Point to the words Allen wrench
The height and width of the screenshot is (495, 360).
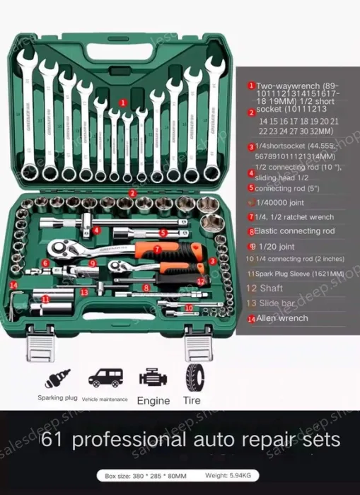282,318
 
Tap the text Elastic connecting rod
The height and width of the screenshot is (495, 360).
294,231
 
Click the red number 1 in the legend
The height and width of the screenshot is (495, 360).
251,86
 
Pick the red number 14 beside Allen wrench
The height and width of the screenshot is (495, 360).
251,319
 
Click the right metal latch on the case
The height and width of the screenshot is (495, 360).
197,345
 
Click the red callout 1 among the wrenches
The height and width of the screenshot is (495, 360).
123,103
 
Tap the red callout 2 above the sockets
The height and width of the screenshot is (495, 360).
132,193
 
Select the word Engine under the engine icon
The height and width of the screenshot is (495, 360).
153,400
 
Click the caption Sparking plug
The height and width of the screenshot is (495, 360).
57,397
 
